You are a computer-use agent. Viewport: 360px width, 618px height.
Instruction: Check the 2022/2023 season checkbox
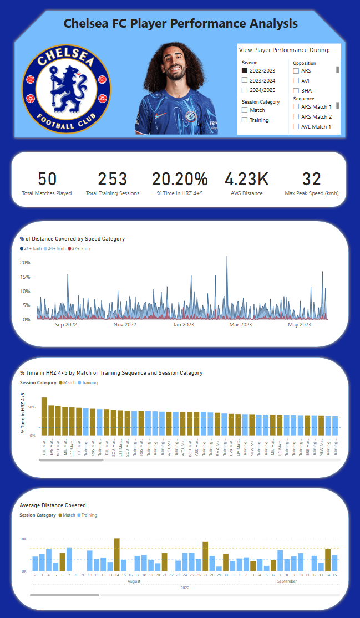pyautogui.click(x=245, y=71)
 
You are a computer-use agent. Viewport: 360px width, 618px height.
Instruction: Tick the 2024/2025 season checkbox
pyautogui.click(x=245, y=90)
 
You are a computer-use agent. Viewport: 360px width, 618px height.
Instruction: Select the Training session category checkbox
pyautogui.click(x=245, y=120)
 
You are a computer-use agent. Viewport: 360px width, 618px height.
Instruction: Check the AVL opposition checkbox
pyautogui.click(x=296, y=81)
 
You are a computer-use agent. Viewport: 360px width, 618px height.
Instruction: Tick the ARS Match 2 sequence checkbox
pyautogui.click(x=296, y=117)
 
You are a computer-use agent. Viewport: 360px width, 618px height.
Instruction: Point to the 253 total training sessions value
pyautogui.click(x=113, y=179)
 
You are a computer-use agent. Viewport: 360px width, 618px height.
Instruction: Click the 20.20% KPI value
pyautogui.click(x=180, y=179)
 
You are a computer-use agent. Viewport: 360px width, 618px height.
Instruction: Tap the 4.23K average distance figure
pyautogui.click(x=246, y=179)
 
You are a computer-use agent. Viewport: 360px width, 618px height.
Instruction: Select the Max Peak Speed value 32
pyautogui.click(x=312, y=179)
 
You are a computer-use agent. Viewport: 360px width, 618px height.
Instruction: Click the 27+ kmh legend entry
pyautogui.click(x=80, y=248)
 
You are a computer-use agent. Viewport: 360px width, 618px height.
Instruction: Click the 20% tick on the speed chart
pyautogui.click(x=25, y=262)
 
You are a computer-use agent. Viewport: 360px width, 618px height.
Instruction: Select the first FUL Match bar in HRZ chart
pyautogui.click(x=44, y=416)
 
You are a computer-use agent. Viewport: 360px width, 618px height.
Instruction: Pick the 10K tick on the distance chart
pyautogui.click(x=23, y=539)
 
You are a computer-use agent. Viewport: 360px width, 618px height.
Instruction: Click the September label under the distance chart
pyautogui.click(x=287, y=581)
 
